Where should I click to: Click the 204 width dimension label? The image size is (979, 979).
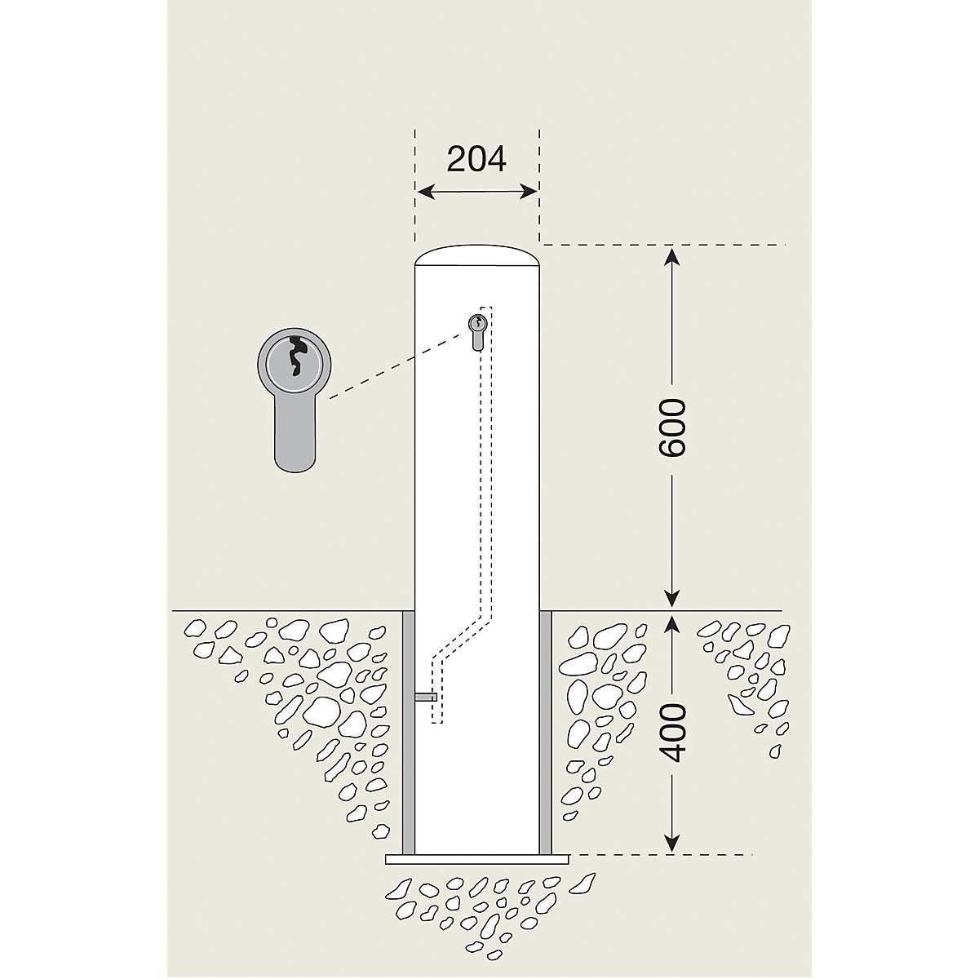(476, 159)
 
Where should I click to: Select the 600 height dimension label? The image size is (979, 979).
(672, 427)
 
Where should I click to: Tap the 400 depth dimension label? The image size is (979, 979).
(672, 731)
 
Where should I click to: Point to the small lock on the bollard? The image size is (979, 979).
(476, 330)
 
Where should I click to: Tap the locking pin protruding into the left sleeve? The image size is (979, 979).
(425, 698)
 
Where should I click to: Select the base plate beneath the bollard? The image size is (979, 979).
(476, 858)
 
